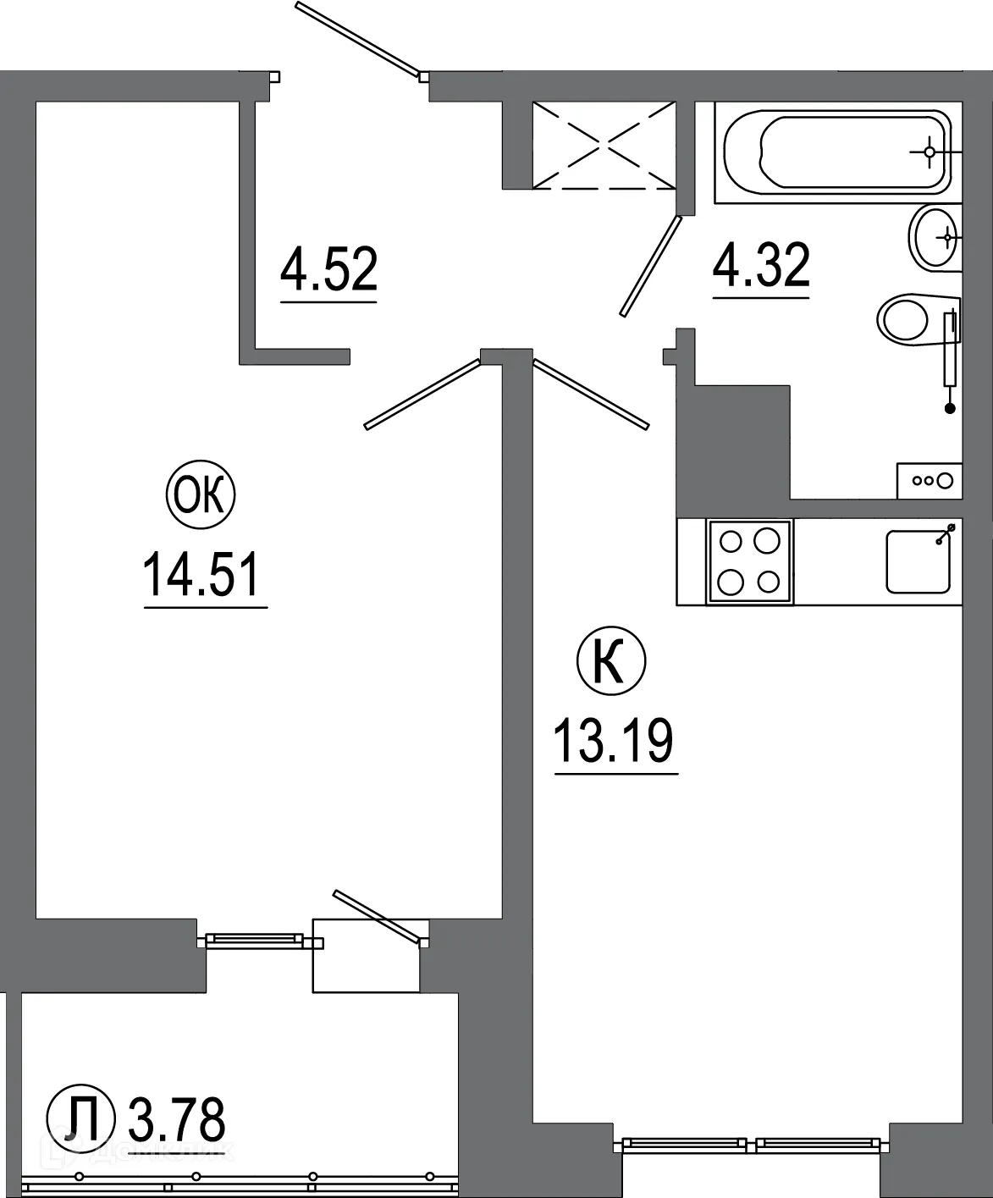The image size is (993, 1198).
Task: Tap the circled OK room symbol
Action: pos(201,495)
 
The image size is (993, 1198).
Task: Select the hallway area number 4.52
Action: pos(328,269)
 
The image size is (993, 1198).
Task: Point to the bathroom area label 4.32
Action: pos(761,265)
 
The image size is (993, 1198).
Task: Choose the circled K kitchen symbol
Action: pos(610,662)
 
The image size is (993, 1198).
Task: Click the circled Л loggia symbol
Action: pos(80,1120)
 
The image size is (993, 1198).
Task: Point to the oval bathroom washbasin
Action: pos(935,238)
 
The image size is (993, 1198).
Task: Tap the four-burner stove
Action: pos(749,561)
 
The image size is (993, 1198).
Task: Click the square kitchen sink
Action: pos(919,561)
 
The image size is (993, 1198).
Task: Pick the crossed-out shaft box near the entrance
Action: pos(604,145)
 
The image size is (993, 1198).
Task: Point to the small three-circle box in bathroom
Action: pos(930,481)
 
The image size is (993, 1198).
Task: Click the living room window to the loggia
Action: pos(254,939)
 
